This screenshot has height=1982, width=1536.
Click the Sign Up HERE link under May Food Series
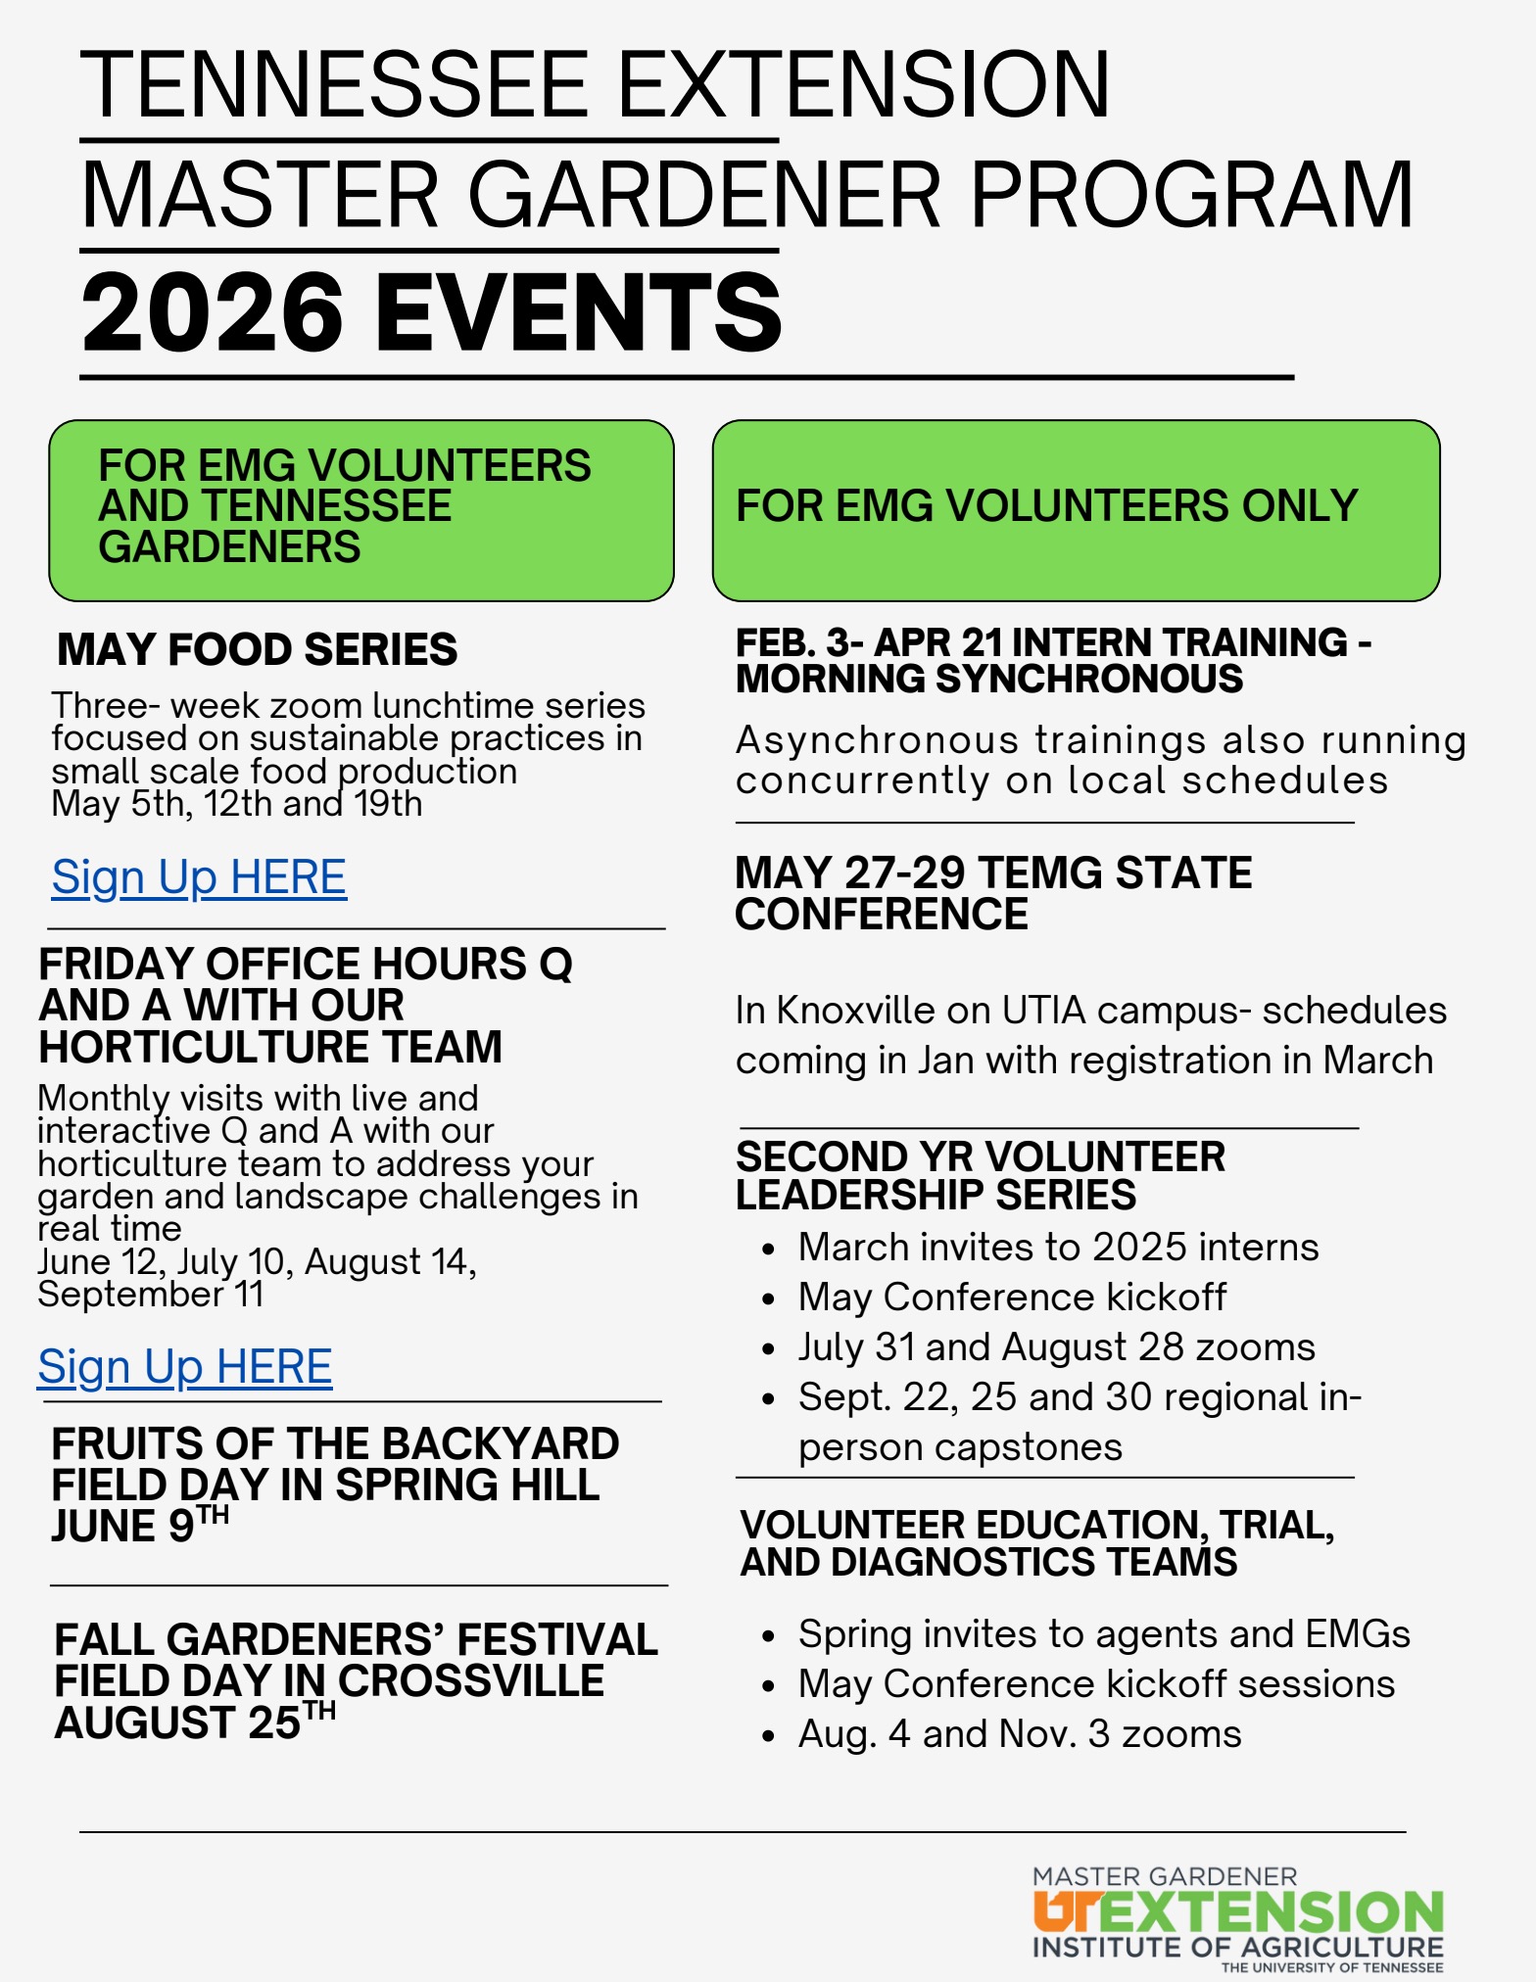[x=199, y=877]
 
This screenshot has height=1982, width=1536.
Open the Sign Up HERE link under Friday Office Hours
[x=185, y=1367]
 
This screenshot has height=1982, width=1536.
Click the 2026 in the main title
[x=213, y=312]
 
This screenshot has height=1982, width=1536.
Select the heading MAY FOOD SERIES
[x=257, y=650]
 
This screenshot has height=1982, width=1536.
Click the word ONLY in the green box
[x=1299, y=506]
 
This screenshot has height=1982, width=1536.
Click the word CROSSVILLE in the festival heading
[x=471, y=1681]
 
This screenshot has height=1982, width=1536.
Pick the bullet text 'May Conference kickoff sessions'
[x=1096, y=1684]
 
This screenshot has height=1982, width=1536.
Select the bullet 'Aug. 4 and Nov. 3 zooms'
[x=1020, y=1734]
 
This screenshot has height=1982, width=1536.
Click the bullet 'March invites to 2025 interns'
[x=1058, y=1248]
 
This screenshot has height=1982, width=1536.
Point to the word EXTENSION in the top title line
[x=863, y=85]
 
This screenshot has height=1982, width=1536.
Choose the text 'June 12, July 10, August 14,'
[x=257, y=1262]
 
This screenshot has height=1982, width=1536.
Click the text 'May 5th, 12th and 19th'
[x=237, y=805]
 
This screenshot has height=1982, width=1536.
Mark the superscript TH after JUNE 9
[x=213, y=1515]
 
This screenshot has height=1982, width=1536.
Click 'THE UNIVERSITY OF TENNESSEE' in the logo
[x=1331, y=1967]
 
